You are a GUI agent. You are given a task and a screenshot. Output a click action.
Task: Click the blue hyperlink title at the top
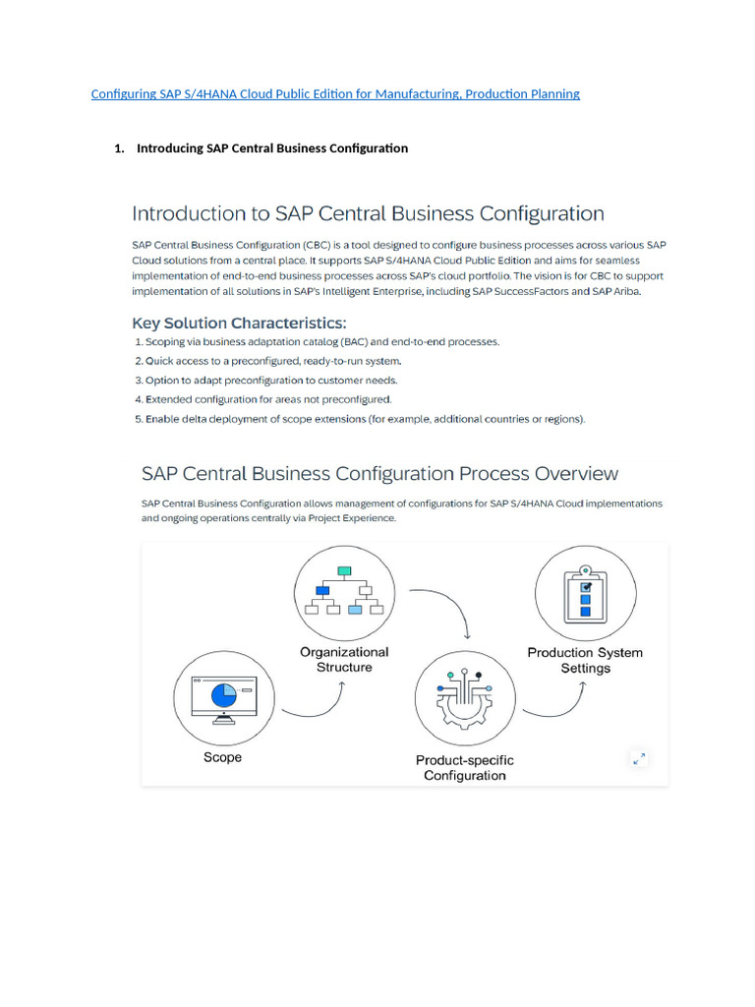coord(335,94)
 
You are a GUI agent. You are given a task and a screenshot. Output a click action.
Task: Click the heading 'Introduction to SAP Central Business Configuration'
coord(368,213)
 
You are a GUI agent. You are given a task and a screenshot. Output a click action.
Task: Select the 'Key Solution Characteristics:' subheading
coord(239,323)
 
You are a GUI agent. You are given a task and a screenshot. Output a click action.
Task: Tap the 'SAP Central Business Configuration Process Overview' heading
coord(379,473)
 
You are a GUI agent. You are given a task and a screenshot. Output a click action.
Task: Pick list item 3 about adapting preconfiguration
coord(265,381)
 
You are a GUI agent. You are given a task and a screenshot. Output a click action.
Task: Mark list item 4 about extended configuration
coord(262,399)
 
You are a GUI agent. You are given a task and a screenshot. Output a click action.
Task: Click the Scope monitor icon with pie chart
coord(222,696)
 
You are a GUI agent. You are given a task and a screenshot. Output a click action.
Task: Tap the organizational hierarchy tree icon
coord(343,589)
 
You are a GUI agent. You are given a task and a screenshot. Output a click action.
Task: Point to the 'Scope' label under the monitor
coord(222,757)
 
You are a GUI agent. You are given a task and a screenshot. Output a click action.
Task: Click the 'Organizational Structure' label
coord(344,659)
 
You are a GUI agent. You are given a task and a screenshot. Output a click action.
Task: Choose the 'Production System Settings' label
coord(585,660)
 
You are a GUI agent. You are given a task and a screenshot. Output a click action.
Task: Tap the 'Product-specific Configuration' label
coord(464,767)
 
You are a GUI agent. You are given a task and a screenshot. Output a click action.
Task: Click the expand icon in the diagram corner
coord(640,758)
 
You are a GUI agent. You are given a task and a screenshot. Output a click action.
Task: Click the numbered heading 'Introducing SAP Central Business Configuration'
coord(271,148)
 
